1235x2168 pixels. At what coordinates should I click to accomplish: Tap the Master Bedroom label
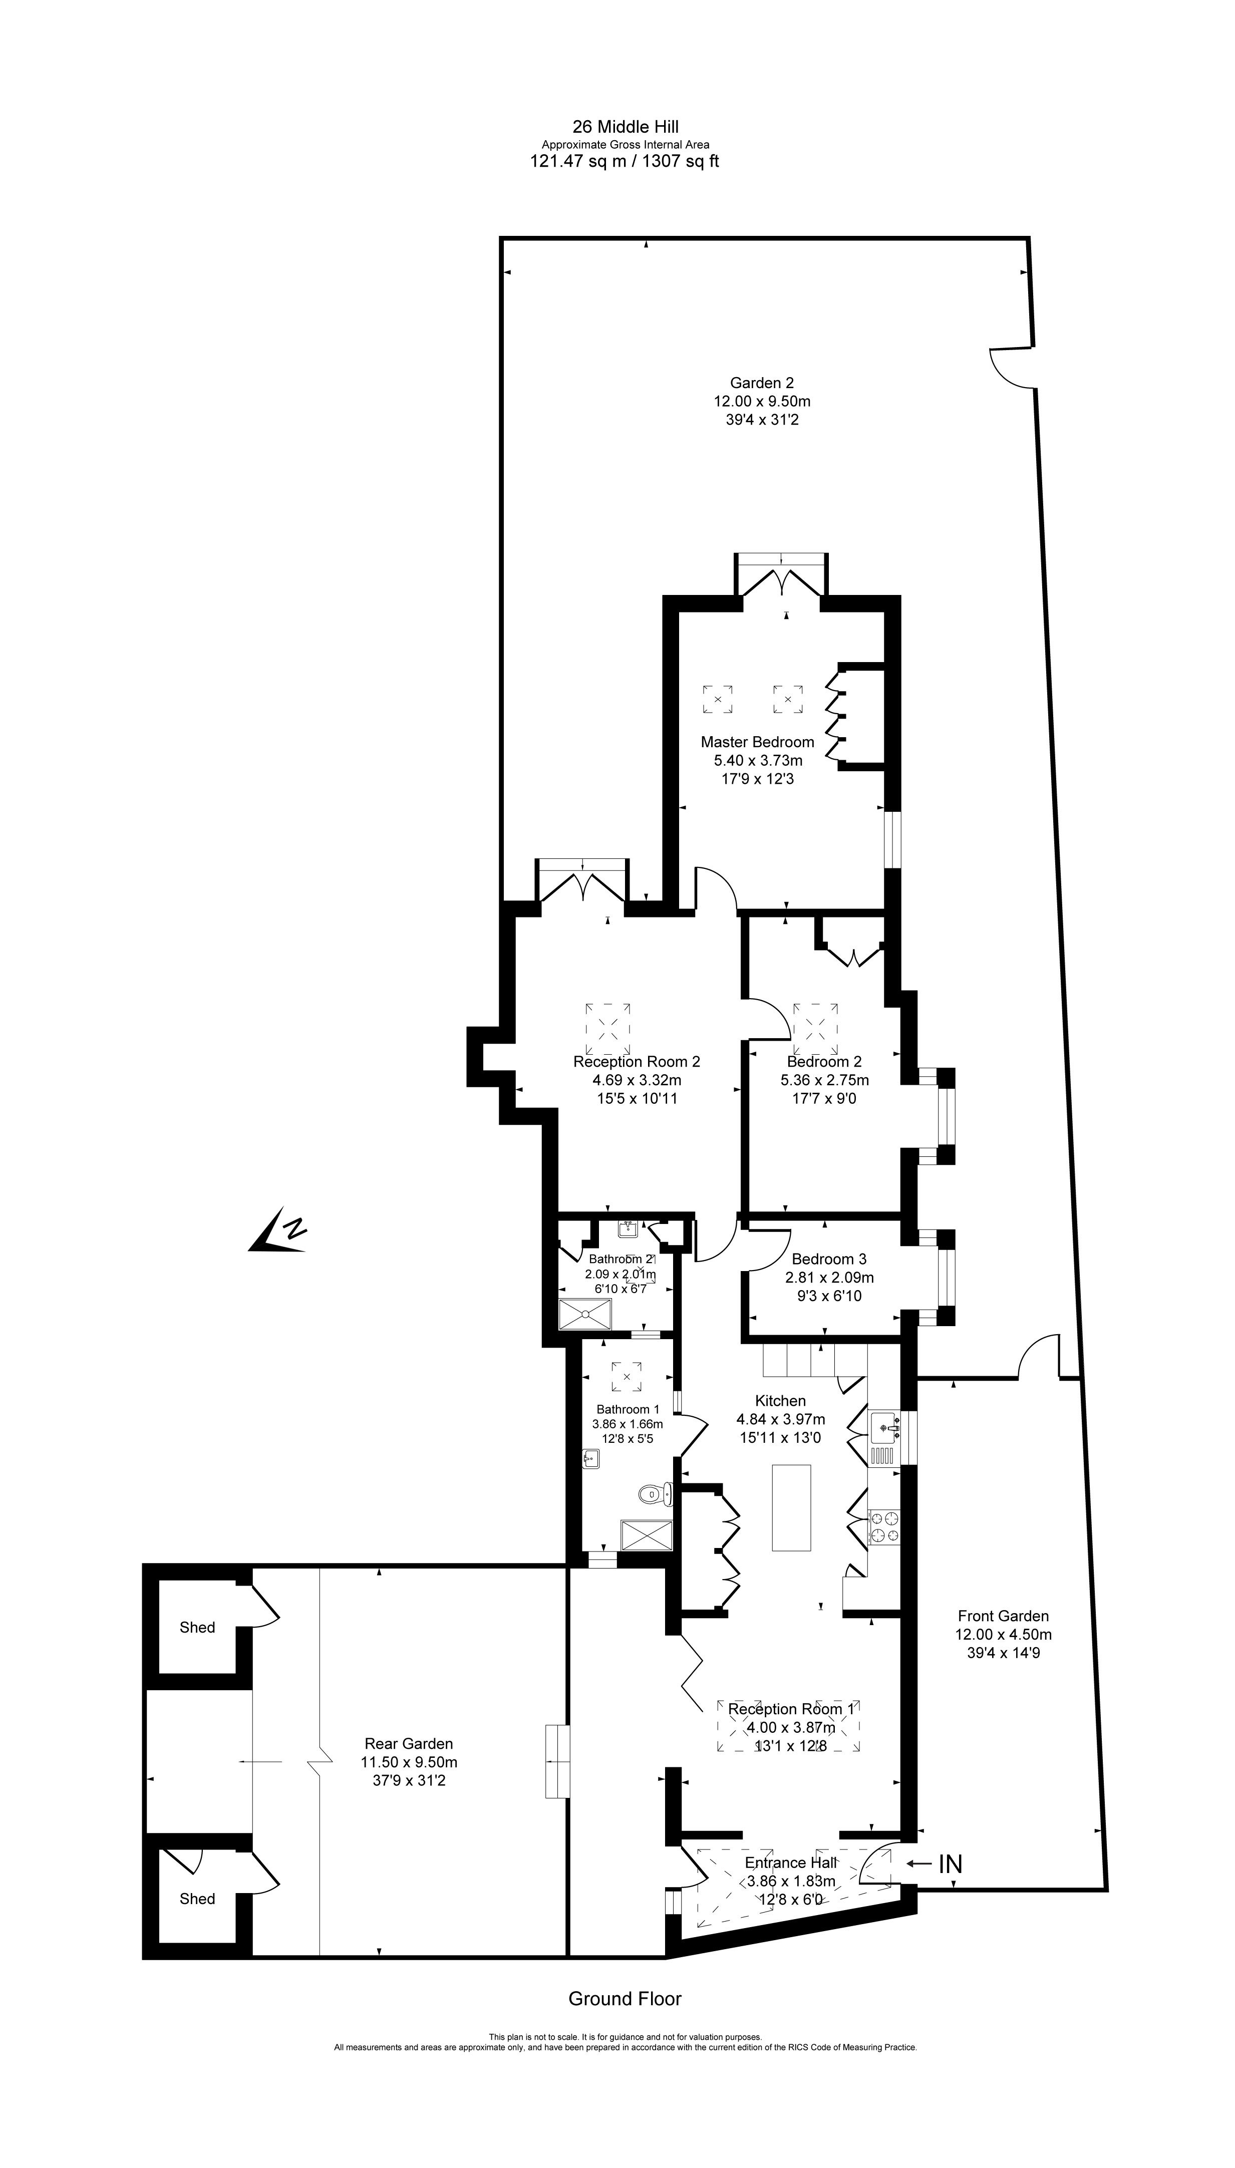[x=757, y=742]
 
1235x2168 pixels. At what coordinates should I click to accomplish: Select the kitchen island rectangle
[x=791, y=1507]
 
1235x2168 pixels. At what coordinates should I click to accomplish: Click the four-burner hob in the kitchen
[x=884, y=1527]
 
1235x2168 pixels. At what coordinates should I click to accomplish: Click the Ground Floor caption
[x=625, y=1999]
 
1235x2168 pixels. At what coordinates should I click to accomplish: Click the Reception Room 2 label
[x=636, y=1062]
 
